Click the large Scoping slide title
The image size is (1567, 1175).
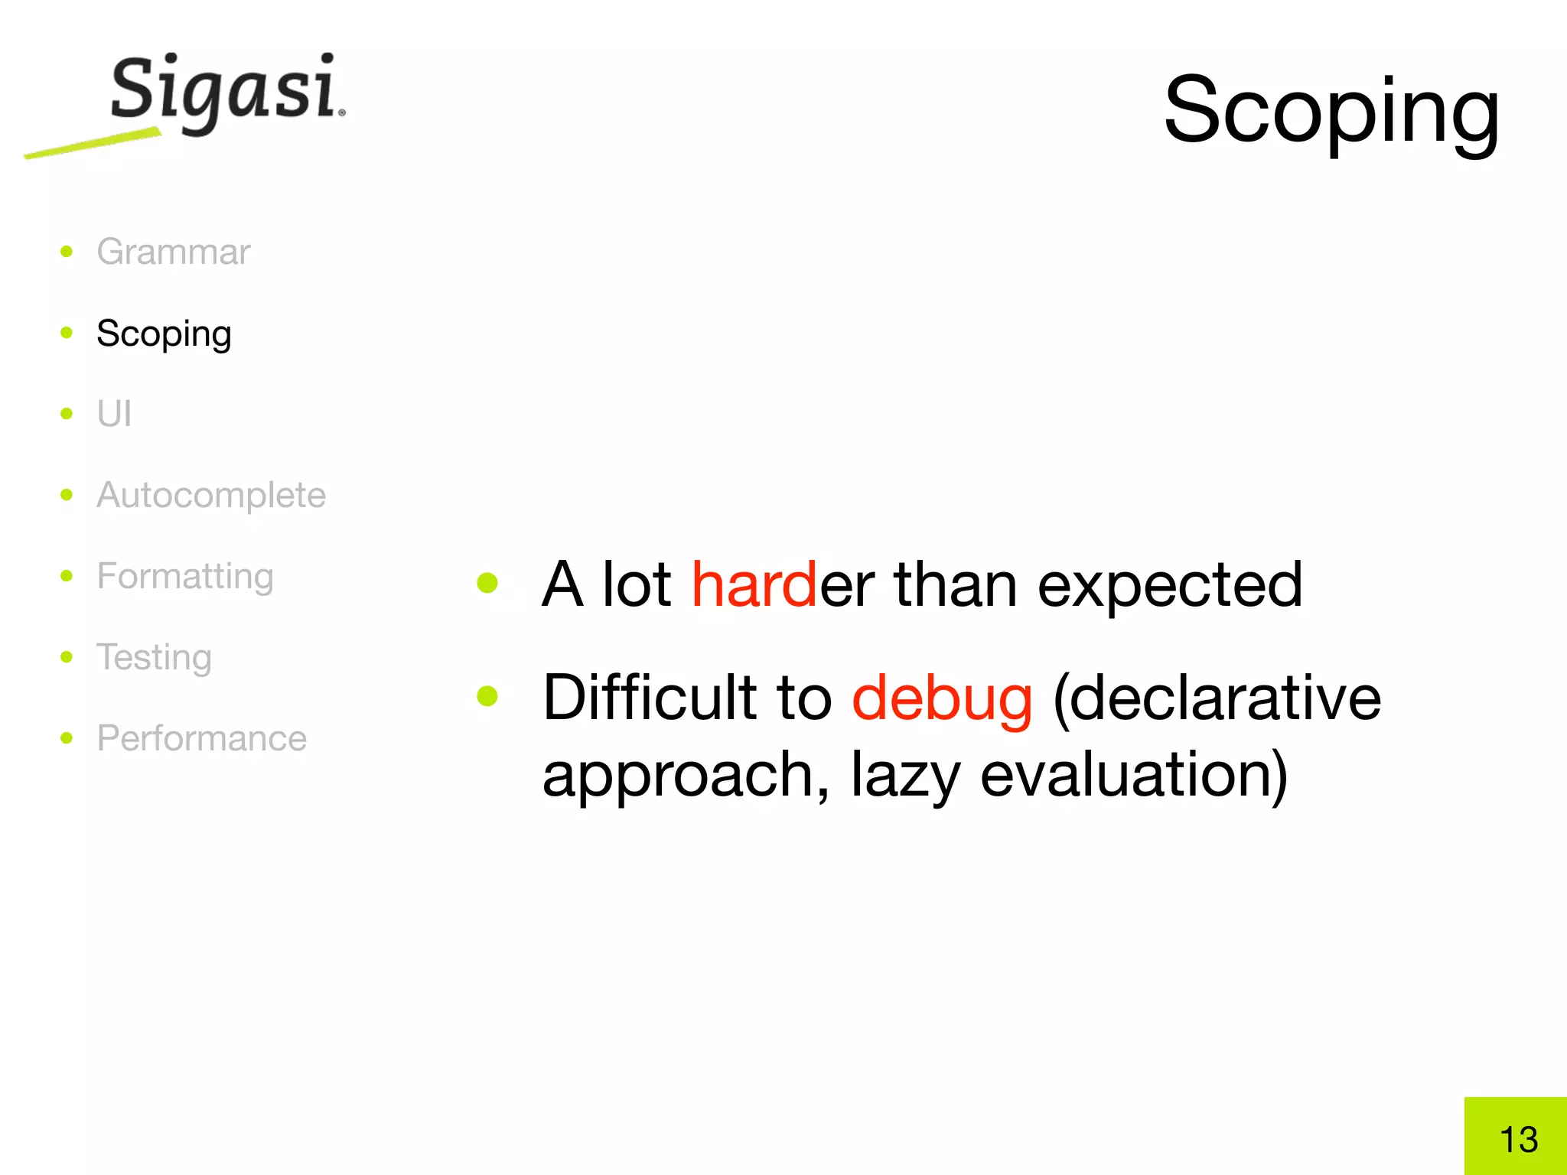(x=1331, y=111)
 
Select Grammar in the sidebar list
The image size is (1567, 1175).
(x=173, y=252)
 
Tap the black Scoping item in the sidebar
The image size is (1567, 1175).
(x=164, y=334)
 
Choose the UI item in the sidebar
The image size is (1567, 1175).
(x=114, y=414)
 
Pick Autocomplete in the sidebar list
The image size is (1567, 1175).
(x=211, y=495)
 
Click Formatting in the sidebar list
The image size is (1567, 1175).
(x=185, y=576)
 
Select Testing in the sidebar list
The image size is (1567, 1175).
(x=154, y=657)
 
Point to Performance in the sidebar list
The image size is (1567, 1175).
(x=202, y=738)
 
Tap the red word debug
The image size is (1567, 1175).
(x=942, y=698)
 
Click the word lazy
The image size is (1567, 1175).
(x=905, y=774)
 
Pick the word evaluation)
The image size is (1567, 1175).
(x=1134, y=774)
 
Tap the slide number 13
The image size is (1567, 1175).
(x=1518, y=1140)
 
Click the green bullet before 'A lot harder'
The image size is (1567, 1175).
(x=487, y=584)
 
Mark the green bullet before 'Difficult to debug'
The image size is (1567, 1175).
(x=487, y=696)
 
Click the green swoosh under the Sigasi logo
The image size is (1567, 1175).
(x=92, y=144)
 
